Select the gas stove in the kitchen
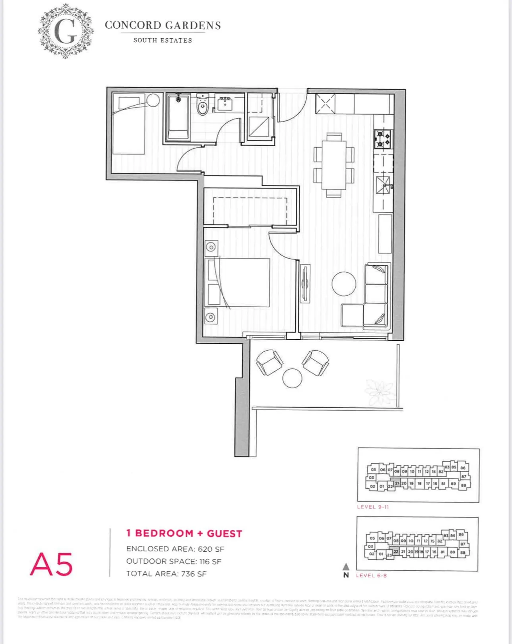point(383,139)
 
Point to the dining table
point(334,165)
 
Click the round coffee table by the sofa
point(344,284)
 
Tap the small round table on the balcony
point(292,378)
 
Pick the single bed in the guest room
point(129,124)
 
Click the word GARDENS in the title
point(193,25)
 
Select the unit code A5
point(51,565)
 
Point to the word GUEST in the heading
point(225,534)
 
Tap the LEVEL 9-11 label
point(373,507)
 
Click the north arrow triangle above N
point(346,566)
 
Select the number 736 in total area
point(188,574)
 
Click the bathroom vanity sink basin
point(225,104)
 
